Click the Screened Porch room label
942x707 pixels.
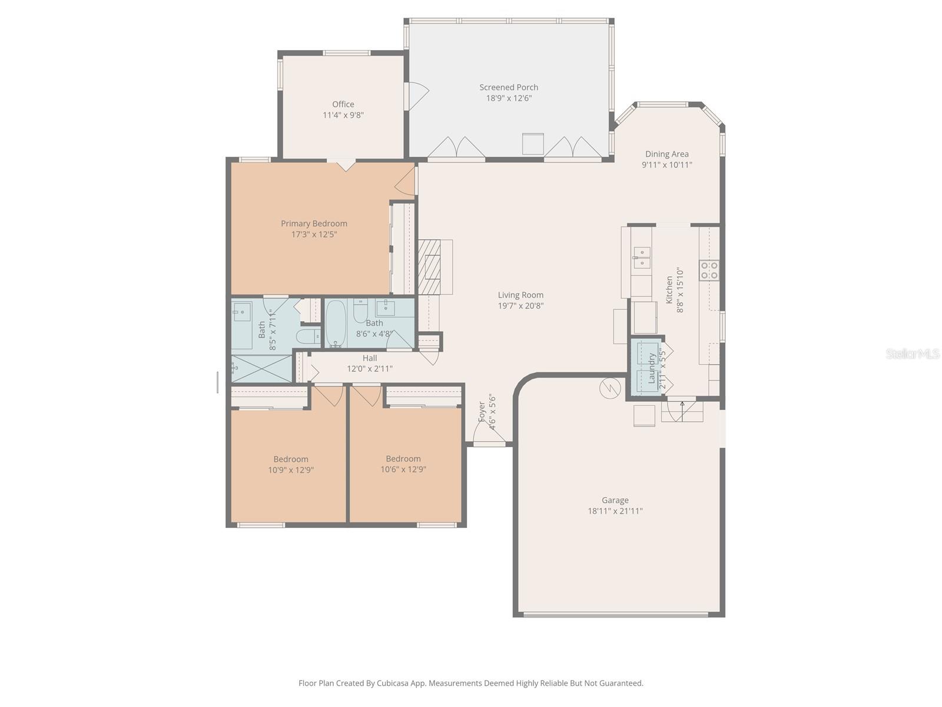509,87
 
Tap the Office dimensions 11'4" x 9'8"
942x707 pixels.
343,115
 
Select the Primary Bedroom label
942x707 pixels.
314,223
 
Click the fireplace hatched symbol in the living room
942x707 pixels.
430,266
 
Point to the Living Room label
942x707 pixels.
520,295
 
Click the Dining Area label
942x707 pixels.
666,154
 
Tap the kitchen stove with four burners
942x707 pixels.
709,270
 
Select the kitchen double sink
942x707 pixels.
642,257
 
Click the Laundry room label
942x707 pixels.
652,368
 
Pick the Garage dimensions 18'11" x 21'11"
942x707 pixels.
615,511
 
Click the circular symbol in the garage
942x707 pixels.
610,388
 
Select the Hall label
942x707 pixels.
370,358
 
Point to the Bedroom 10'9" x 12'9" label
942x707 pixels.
291,460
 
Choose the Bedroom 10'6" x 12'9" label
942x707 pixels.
403,459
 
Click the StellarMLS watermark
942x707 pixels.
913,353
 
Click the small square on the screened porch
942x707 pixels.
533,144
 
